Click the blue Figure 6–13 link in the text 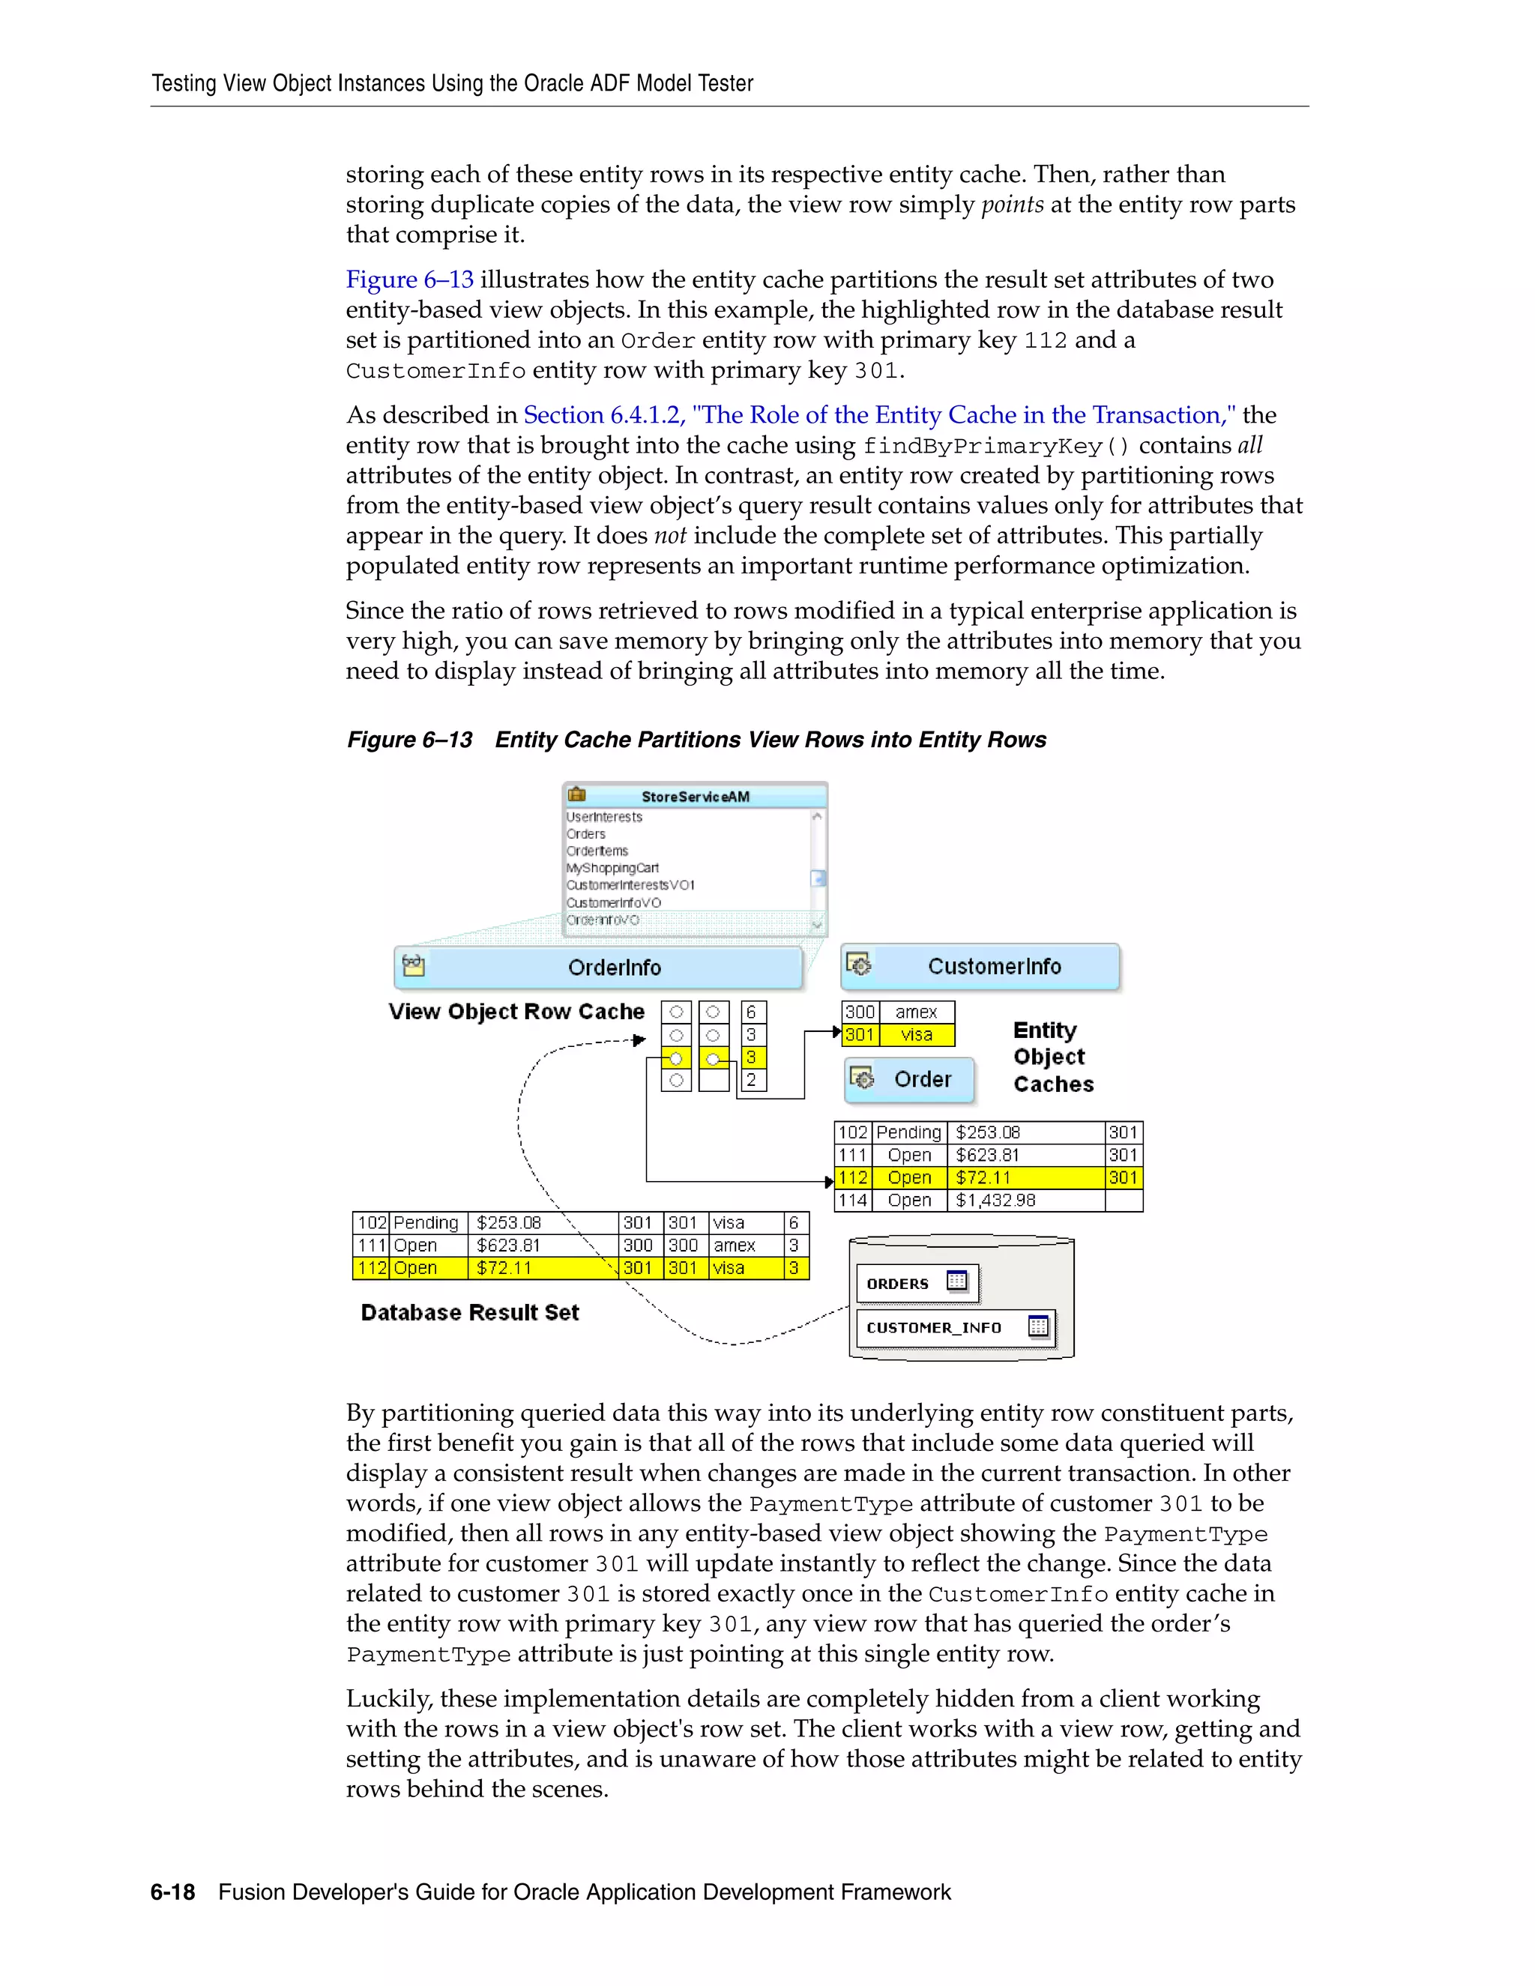click(x=409, y=280)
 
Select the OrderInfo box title click(x=614, y=968)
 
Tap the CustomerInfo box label click(x=994, y=966)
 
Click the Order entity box click(x=909, y=1079)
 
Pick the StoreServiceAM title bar click(x=696, y=797)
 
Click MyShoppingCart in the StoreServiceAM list click(x=612, y=868)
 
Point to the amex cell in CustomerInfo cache click(x=915, y=1012)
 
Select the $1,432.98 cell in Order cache click(x=996, y=1201)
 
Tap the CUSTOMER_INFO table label click(x=934, y=1328)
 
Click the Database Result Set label click(x=469, y=1312)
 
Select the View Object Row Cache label click(x=516, y=1011)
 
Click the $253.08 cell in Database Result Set click(x=509, y=1223)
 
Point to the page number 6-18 click(x=173, y=1892)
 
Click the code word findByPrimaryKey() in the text click(x=997, y=446)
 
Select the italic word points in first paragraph click(x=1012, y=205)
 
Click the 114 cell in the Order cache click(x=853, y=1201)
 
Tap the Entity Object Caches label click(x=1052, y=1057)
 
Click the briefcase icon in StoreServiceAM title click(x=576, y=794)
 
